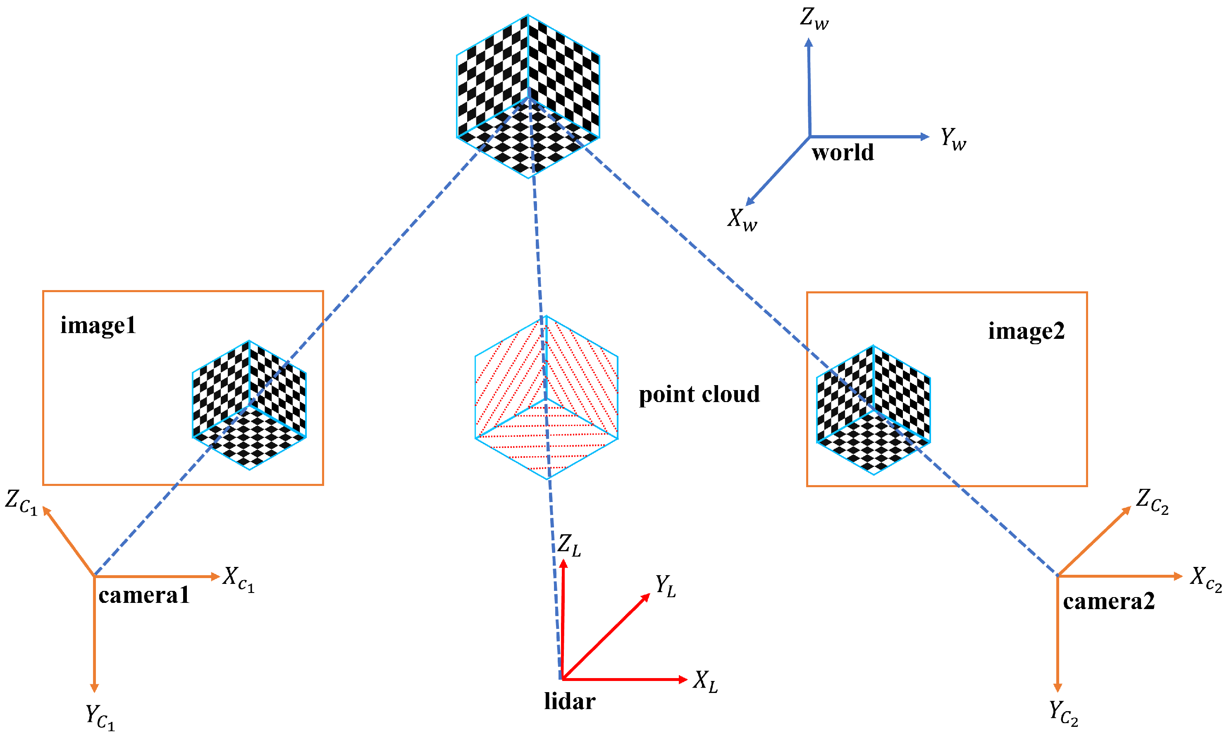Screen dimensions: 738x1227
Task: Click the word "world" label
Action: click(x=843, y=152)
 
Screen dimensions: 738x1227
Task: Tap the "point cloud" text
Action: click(x=699, y=394)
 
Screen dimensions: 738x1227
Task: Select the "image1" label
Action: click(x=98, y=326)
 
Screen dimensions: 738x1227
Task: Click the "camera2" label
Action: click(x=1109, y=601)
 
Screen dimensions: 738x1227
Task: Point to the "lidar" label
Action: click(x=570, y=701)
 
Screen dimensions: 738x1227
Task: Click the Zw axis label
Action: click(x=814, y=19)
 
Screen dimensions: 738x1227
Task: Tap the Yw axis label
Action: click(x=953, y=139)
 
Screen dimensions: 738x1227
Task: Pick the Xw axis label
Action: click(x=742, y=220)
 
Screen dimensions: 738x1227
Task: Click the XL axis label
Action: click(x=705, y=681)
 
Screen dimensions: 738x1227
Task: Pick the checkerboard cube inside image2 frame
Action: click(x=873, y=410)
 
